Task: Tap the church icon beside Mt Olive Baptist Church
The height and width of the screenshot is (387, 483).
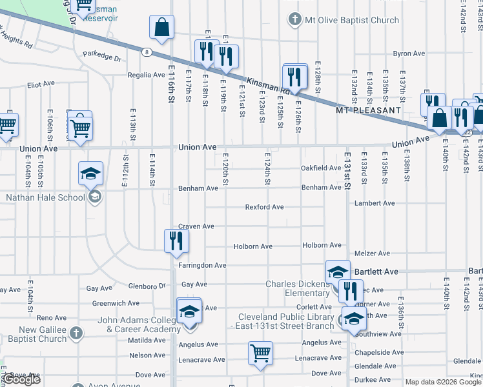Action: [295, 19]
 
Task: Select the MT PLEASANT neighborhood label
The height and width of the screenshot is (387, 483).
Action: [369, 110]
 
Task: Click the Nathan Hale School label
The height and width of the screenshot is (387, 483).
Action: [45, 197]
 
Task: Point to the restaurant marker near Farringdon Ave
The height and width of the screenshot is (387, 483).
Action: [175, 241]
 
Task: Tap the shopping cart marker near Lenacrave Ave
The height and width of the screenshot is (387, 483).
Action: [260, 353]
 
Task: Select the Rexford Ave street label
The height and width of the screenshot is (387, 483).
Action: [264, 207]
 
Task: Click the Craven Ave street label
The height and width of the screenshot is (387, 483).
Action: [196, 226]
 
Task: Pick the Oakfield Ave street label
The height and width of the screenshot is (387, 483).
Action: [321, 168]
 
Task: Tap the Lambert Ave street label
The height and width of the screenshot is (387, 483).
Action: [375, 203]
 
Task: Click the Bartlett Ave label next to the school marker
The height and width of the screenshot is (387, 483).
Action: [378, 272]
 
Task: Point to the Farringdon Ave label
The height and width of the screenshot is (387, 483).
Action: [203, 265]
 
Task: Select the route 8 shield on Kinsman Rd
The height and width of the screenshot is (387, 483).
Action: [148, 52]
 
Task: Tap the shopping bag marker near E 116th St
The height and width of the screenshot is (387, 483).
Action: [161, 28]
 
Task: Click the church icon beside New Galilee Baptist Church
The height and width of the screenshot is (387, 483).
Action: [76, 333]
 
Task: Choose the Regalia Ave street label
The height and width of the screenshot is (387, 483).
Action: [147, 75]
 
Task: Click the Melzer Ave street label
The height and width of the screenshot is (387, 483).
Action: [372, 253]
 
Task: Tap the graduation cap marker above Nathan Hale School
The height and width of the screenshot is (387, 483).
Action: [90, 173]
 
